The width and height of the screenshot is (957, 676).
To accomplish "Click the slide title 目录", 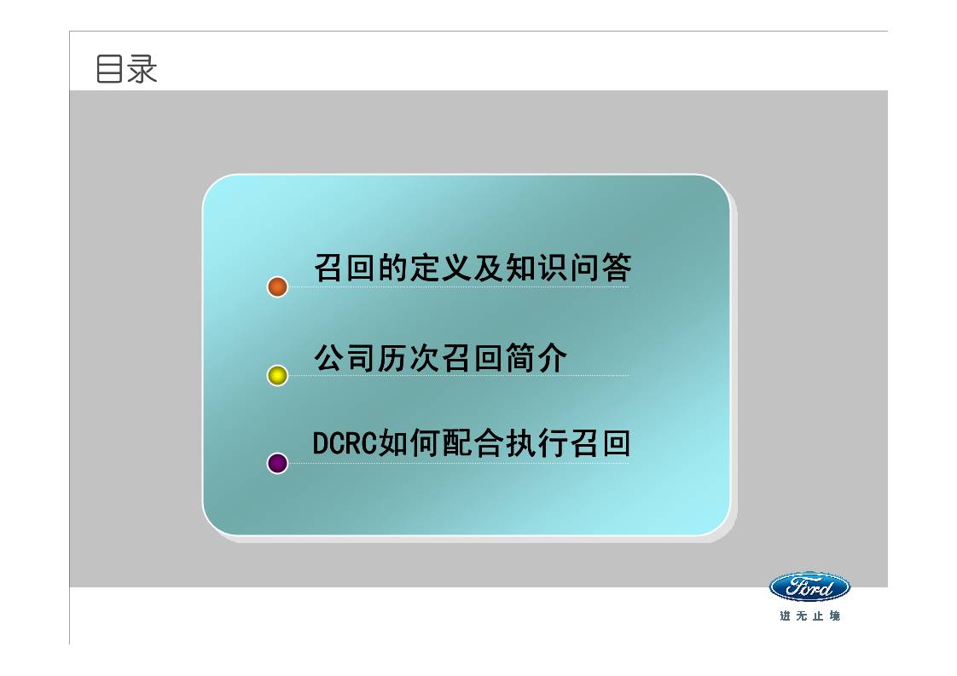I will pyautogui.click(x=127, y=70).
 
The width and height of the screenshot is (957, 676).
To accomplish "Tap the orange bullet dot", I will pyautogui.click(x=277, y=286).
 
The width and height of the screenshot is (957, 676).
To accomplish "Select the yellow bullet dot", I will pyautogui.click(x=277, y=375).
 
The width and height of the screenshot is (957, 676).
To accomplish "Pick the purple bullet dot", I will pyautogui.click(x=277, y=464).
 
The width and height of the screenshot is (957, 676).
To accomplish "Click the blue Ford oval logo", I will pyautogui.click(x=809, y=586).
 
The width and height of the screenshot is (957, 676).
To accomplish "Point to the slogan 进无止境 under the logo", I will pyautogui.click(x=809, y=615).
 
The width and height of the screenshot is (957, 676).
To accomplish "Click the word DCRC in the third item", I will pyautogui.click(x=340, y=444).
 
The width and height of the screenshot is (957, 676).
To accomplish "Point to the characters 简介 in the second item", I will pyautogui.click(x=536, y=358).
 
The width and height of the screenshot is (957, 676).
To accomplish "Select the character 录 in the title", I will pyautogui.click(x=142, y=70).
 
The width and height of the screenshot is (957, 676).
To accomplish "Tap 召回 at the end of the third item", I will pyautogui.click(x=600, y=444).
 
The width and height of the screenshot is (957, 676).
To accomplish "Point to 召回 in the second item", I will pyautogui.click(x=473, y=358).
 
